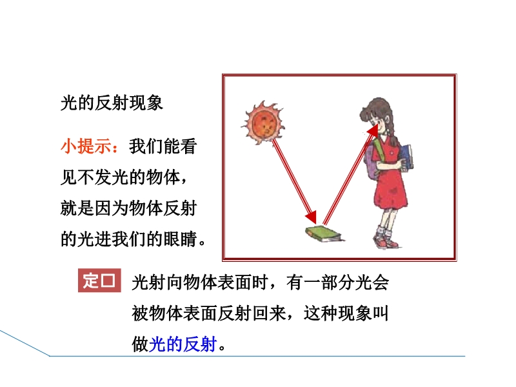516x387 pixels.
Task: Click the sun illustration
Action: pyautogui.click(x=264, y=123)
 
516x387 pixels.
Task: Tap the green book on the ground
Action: pyautogui.click(x=324, y=233)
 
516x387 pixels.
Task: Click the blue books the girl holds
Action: pyautogui.click(x=406, y=157)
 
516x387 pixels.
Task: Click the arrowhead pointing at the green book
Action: pyautogui.click(x=312, y=217)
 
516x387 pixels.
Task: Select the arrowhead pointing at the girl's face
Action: pyautogui.click(x=373, y=130)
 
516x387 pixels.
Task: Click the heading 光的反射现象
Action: pyautogui.click(x=112, y=103)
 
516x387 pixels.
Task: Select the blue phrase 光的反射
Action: pyautogui.click(x=183, y=344)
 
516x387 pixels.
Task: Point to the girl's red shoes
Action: pyautogui.click(x=386, y=241)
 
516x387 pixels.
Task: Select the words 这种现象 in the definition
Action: pyautogui.click(x=337, y=313)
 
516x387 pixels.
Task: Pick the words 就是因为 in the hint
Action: pyautogui.click(x=94, y=208)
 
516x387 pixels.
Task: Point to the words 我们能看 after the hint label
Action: pyautogui.click(x=163, y=146)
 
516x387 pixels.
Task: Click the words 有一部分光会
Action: pyautogui.click(x=337, y=282)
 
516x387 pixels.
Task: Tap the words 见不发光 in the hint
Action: pyautogui.click(x=94, y=177)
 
